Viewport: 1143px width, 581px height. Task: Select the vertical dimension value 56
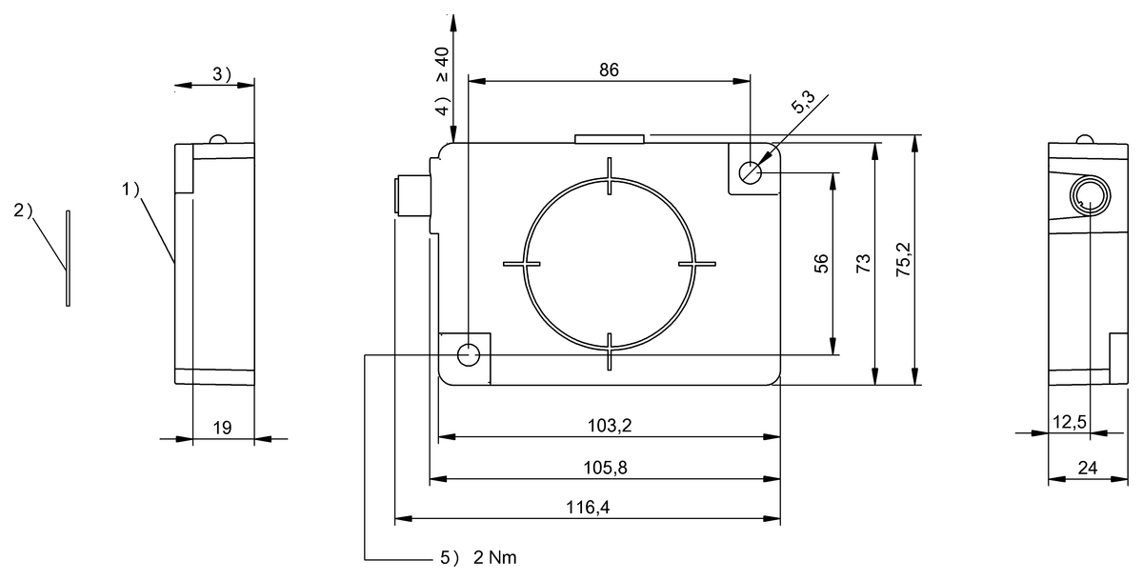point(822,264)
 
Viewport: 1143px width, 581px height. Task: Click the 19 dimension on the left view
point(222,429)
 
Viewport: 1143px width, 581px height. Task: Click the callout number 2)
point(24,210)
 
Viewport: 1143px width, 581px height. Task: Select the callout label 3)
point(221,74)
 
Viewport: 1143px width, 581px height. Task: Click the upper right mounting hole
point(752,172)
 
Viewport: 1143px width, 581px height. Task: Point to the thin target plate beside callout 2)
point(68,258)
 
